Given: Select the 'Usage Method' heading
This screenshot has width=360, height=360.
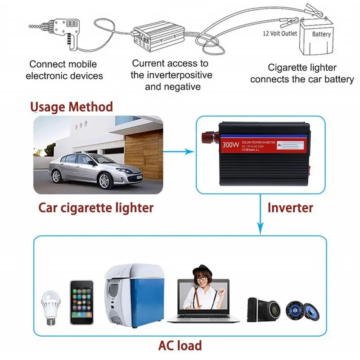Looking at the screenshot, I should pos(71,107).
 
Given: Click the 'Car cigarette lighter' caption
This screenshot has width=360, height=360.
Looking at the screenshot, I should pos(96,207).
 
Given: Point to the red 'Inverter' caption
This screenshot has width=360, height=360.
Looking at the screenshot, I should pos(290,207).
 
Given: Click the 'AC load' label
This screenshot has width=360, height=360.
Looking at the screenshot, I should pos(180,346).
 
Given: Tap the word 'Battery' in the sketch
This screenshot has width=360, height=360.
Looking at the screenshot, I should pos(321,34).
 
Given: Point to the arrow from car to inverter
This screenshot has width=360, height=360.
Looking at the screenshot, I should pos(180,153).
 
